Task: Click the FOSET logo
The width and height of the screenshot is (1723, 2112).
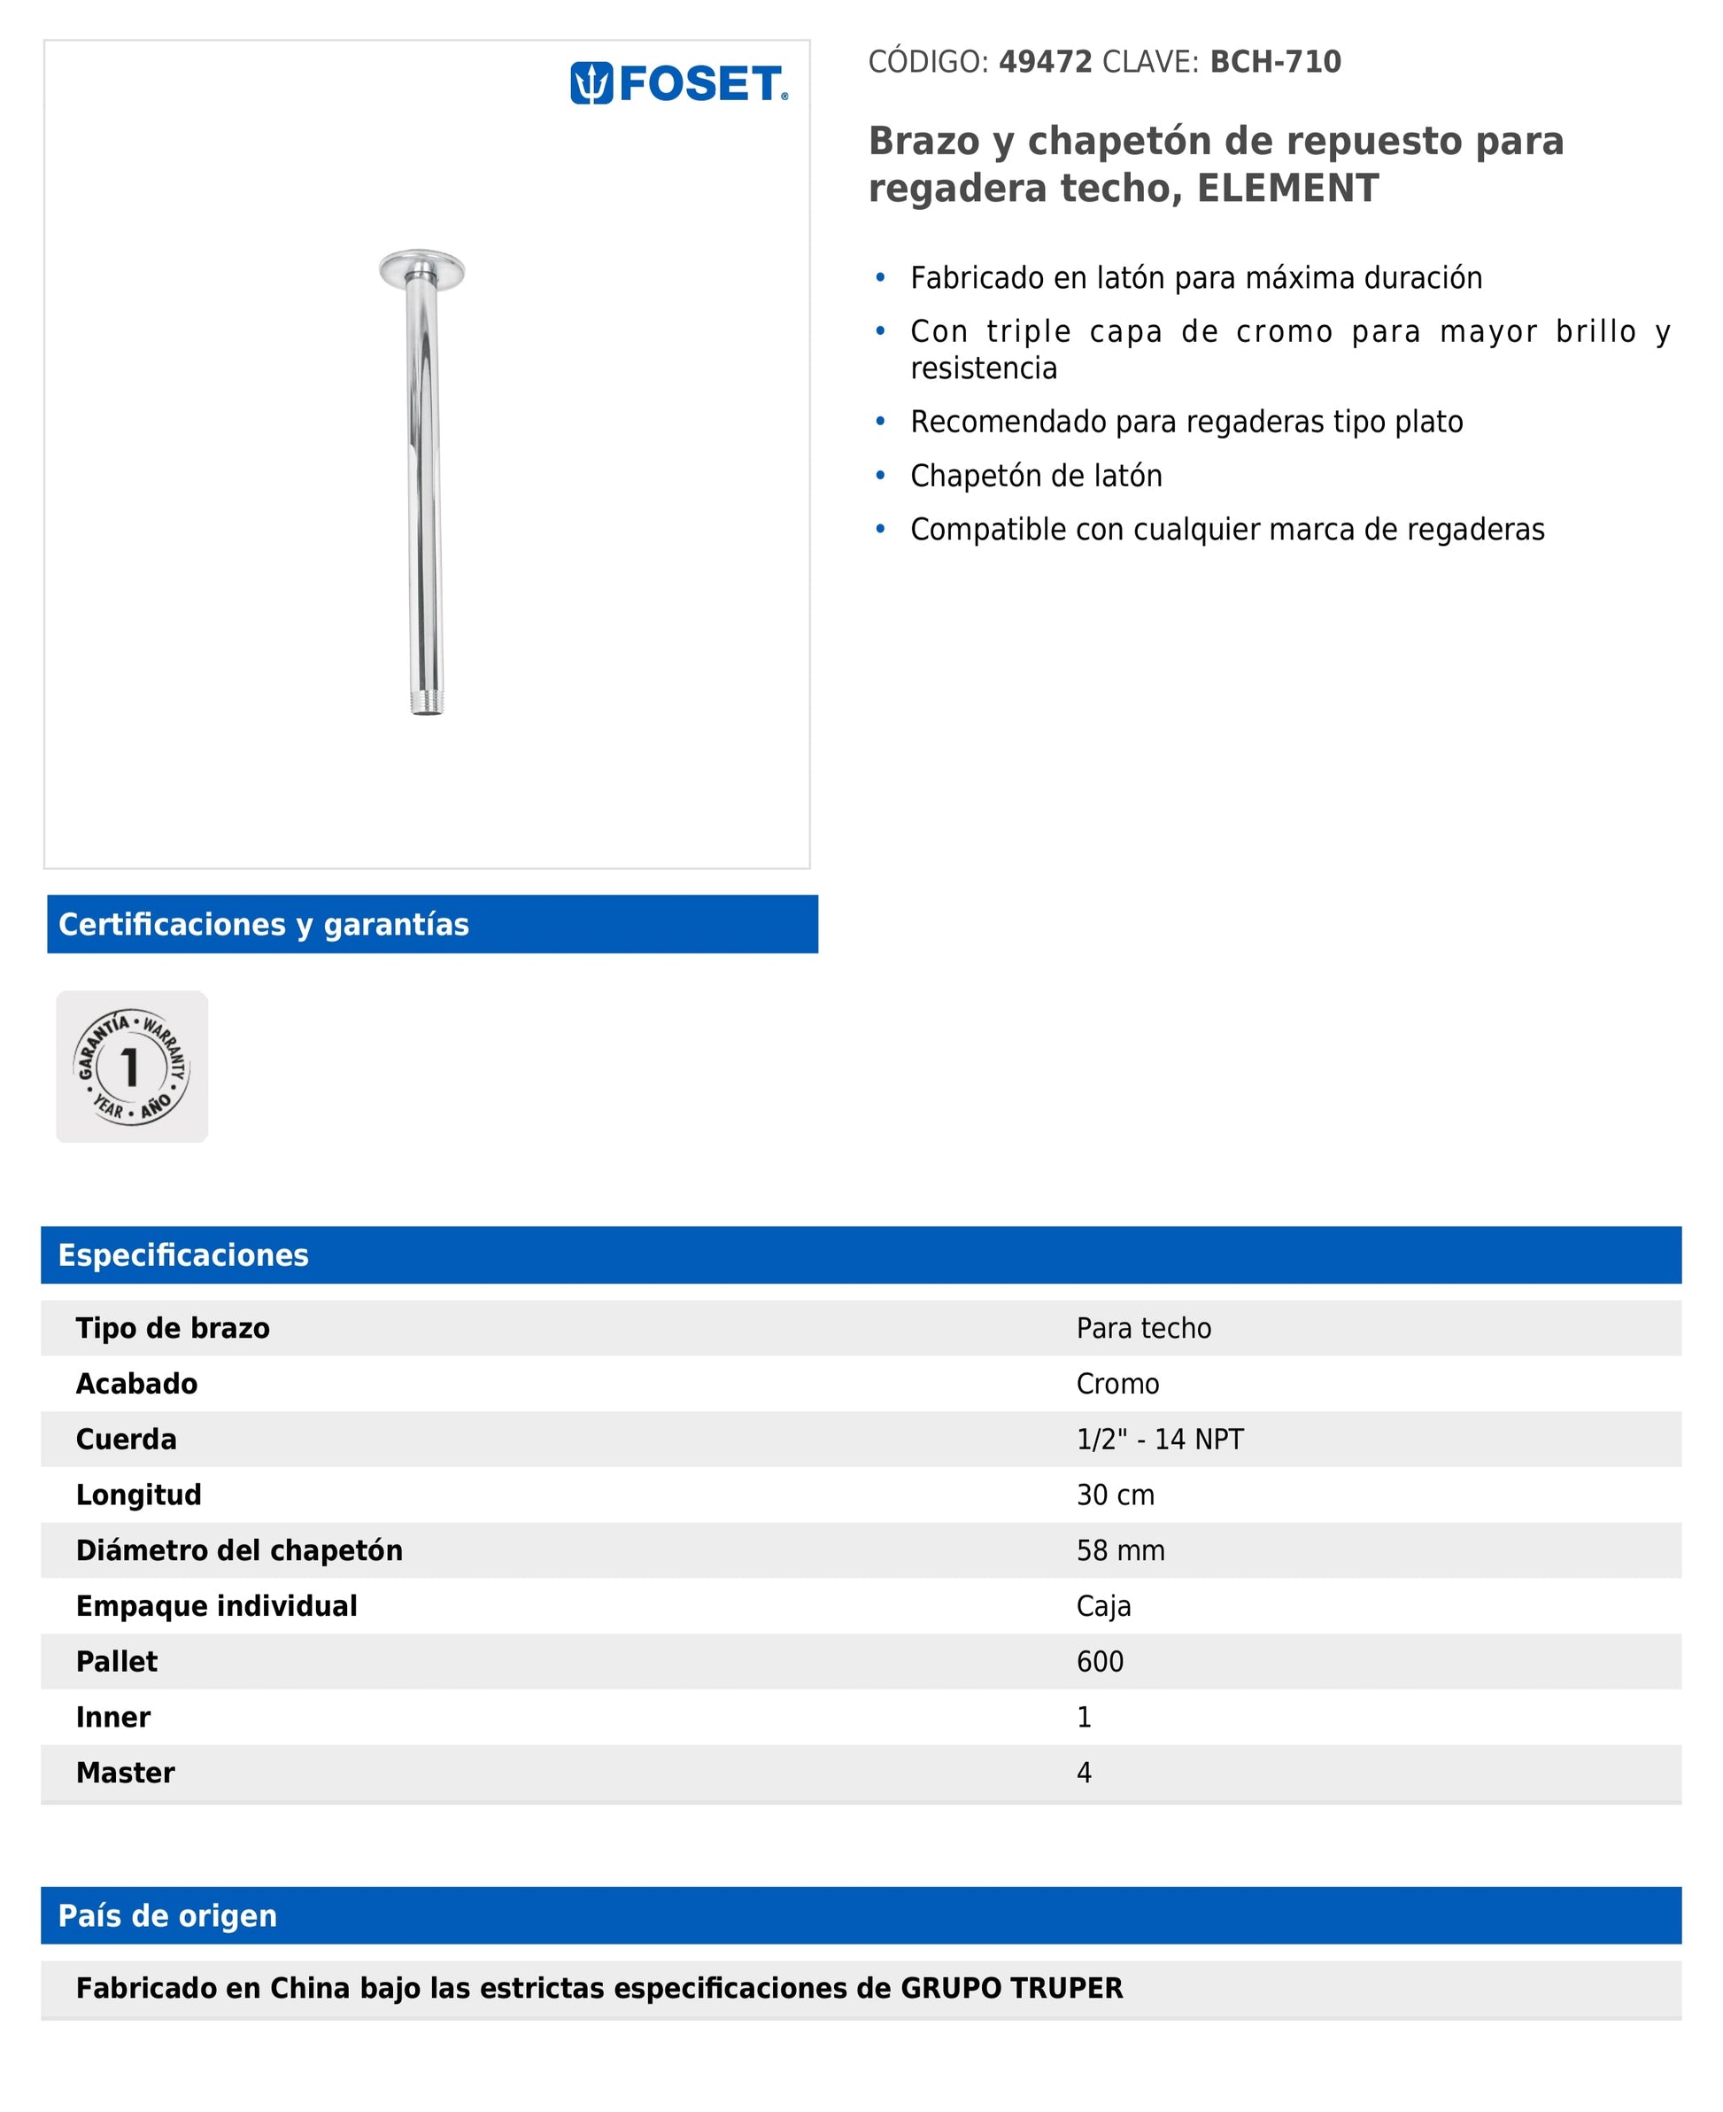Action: (679, 83)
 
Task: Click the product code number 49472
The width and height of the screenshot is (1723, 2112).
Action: (1045, 61)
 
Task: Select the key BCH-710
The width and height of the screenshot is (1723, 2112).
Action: (1274, 61)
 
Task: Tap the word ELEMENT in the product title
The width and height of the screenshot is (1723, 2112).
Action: (1287, 188)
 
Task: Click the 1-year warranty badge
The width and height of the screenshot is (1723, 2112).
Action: (132, 1067)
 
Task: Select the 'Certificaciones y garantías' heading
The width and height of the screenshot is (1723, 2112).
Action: (264, 924)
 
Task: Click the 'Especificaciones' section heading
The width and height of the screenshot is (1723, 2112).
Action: (183, 1255)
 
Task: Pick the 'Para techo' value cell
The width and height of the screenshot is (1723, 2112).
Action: (1143, 1329)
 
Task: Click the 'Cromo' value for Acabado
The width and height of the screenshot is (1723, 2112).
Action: (1117, 1384)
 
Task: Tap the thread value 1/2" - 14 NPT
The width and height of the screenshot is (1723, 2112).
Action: (1159, 1440)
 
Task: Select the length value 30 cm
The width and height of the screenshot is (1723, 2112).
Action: (1116, 1495)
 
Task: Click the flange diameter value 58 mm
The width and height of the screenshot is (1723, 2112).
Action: (1121, 1551)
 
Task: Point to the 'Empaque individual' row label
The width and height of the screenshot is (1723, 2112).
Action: (216, 1606)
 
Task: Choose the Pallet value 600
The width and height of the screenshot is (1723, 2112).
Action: (1100, 1662)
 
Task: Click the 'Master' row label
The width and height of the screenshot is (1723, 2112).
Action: (125, 1774)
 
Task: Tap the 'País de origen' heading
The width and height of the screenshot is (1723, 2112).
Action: (167, 1916)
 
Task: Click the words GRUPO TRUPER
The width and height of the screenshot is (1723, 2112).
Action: (1011, 1989)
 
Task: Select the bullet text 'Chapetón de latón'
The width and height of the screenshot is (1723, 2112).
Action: (1036, 476)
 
